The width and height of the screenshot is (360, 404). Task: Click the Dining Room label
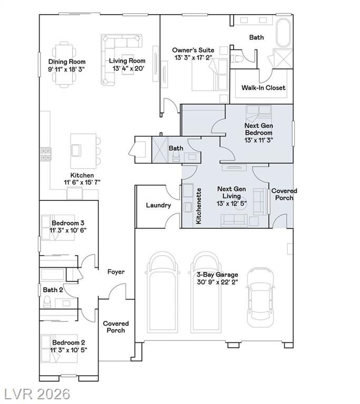(x=67, y=62)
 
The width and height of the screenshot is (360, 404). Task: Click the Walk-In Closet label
(x=263, y=88)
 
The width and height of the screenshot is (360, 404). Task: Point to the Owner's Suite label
(x=193, y=50)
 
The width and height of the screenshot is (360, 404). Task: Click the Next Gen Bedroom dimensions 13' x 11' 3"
(x=258, y=140)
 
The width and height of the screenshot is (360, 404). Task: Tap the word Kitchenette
(x=198, y=206)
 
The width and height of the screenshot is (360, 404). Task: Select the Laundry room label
(x=158, y=205)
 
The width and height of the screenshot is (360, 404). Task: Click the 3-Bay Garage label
(x=217, y=275)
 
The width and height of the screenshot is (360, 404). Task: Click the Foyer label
(x=116, y=272)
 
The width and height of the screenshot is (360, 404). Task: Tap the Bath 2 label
(x=53, y=290)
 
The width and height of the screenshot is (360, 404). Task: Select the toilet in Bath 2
(x=47, y=302)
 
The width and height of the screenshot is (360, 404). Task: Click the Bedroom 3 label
(x=68, y=223)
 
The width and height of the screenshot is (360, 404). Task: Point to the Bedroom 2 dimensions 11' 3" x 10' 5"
(x=68, y=350)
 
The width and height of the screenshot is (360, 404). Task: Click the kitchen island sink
(x=76, y=150)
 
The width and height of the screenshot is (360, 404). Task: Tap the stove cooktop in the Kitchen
(x=45, y=154)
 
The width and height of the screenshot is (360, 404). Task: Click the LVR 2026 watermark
(x=37, y=394)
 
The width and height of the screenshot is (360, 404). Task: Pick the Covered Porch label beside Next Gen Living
(x=284, y=194)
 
